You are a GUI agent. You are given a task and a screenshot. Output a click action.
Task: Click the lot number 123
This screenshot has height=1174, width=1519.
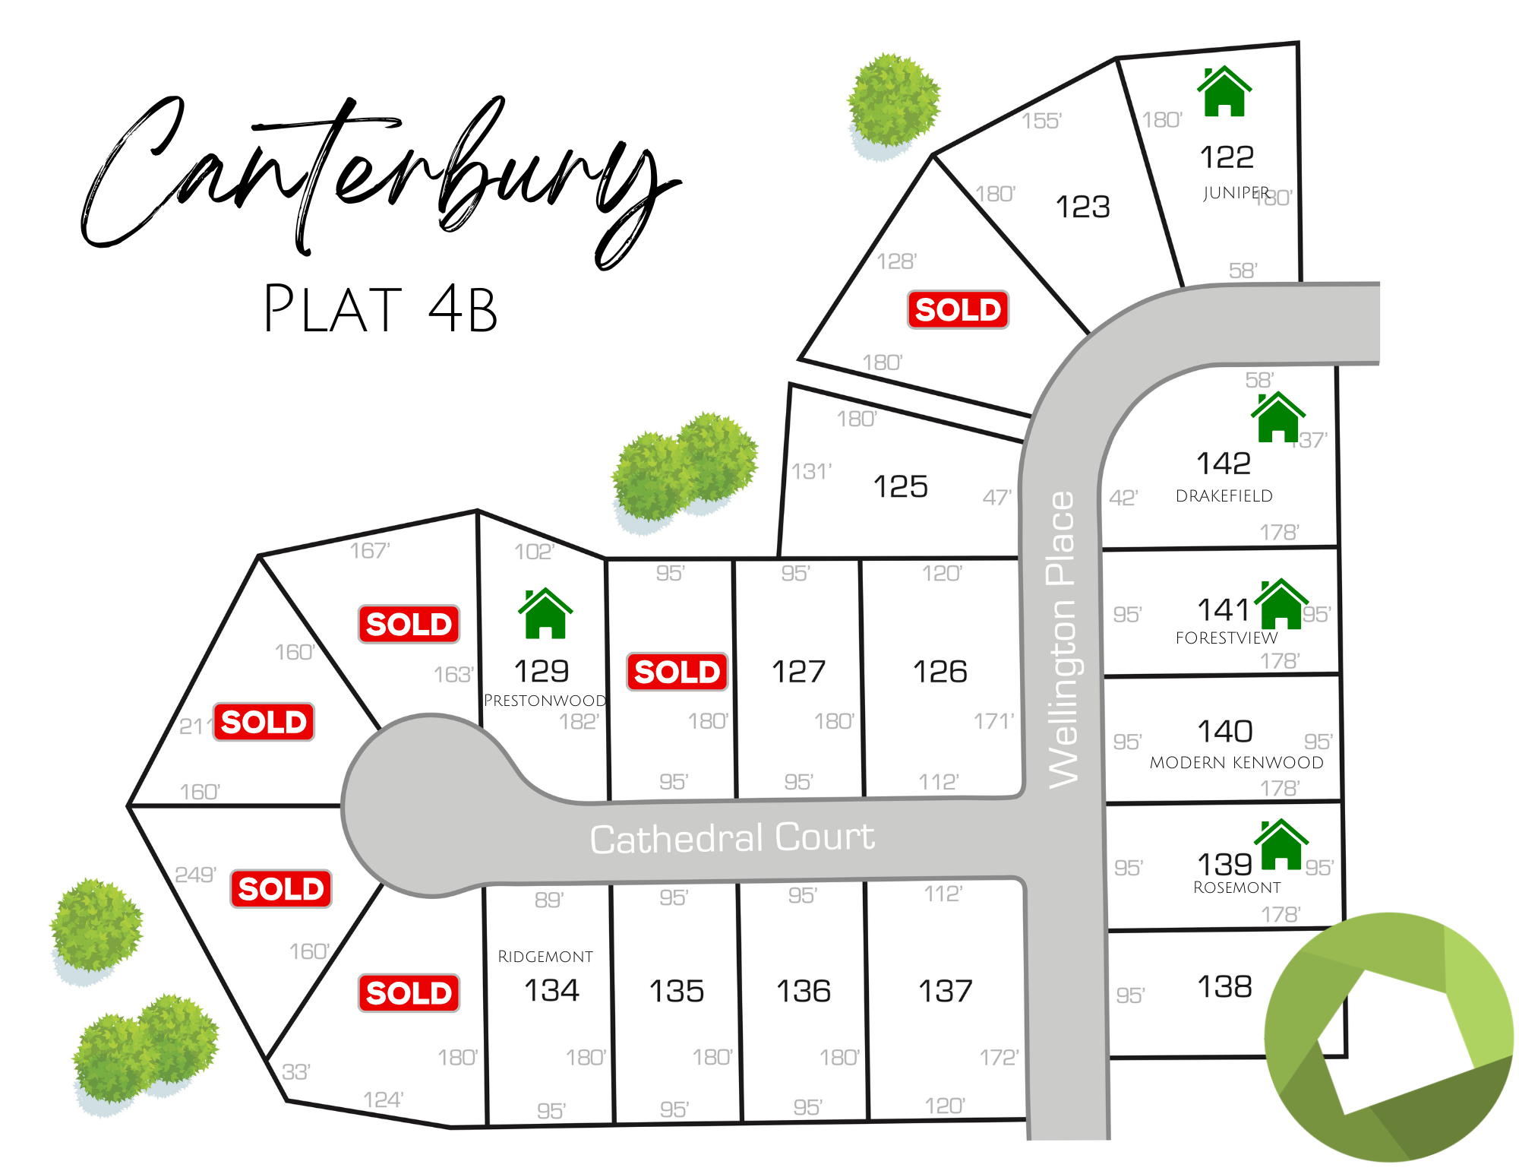1082,207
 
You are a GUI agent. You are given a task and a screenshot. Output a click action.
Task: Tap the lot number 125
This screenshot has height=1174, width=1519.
900,486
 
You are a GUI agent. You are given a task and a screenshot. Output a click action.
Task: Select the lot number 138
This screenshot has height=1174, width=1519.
1224,986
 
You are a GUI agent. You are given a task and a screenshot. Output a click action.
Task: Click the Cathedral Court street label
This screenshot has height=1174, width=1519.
732,838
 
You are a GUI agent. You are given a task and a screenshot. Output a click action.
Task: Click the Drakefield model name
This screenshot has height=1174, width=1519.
1224,496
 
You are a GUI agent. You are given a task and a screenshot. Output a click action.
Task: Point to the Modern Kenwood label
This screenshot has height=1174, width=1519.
1236,762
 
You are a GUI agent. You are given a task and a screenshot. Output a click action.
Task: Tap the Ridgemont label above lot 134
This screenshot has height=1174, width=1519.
545,957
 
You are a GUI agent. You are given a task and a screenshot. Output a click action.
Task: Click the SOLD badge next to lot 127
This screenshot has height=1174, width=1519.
677,672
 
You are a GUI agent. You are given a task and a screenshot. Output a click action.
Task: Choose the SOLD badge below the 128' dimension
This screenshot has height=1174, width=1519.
958,310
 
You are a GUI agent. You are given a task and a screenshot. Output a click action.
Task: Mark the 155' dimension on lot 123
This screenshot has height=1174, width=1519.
1041,121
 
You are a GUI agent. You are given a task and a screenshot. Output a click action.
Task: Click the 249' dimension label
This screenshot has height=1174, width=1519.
195,875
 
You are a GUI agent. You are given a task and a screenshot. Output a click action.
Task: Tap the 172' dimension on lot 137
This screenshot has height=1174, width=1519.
998,1057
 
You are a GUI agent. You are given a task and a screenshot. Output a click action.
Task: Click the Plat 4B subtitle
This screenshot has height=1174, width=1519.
380,309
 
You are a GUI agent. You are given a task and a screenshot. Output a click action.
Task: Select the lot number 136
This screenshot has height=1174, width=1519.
803,991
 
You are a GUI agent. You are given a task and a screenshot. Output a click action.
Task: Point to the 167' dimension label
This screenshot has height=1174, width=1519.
370,550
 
